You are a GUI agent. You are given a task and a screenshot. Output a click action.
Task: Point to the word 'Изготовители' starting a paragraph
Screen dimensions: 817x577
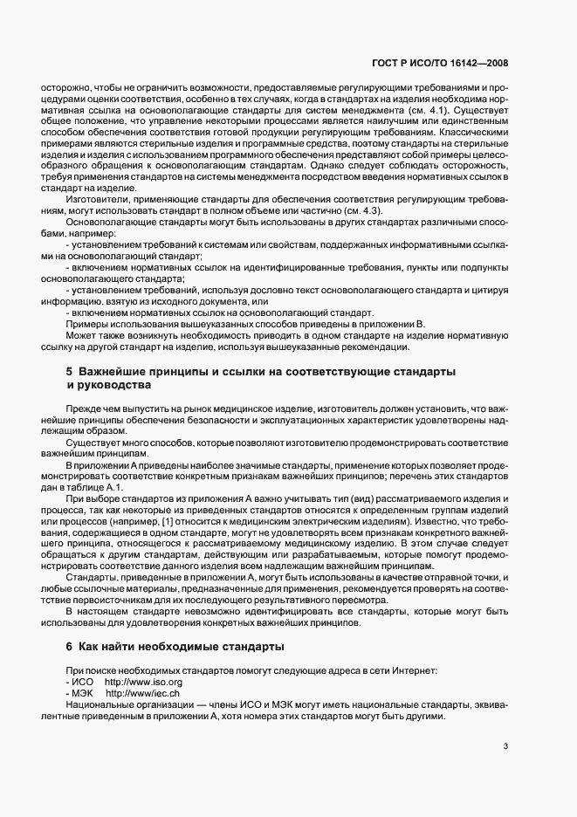click(x=95, y=201)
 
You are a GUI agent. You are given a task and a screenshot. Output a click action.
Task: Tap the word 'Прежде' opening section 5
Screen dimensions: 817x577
click(x=83, y=408)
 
